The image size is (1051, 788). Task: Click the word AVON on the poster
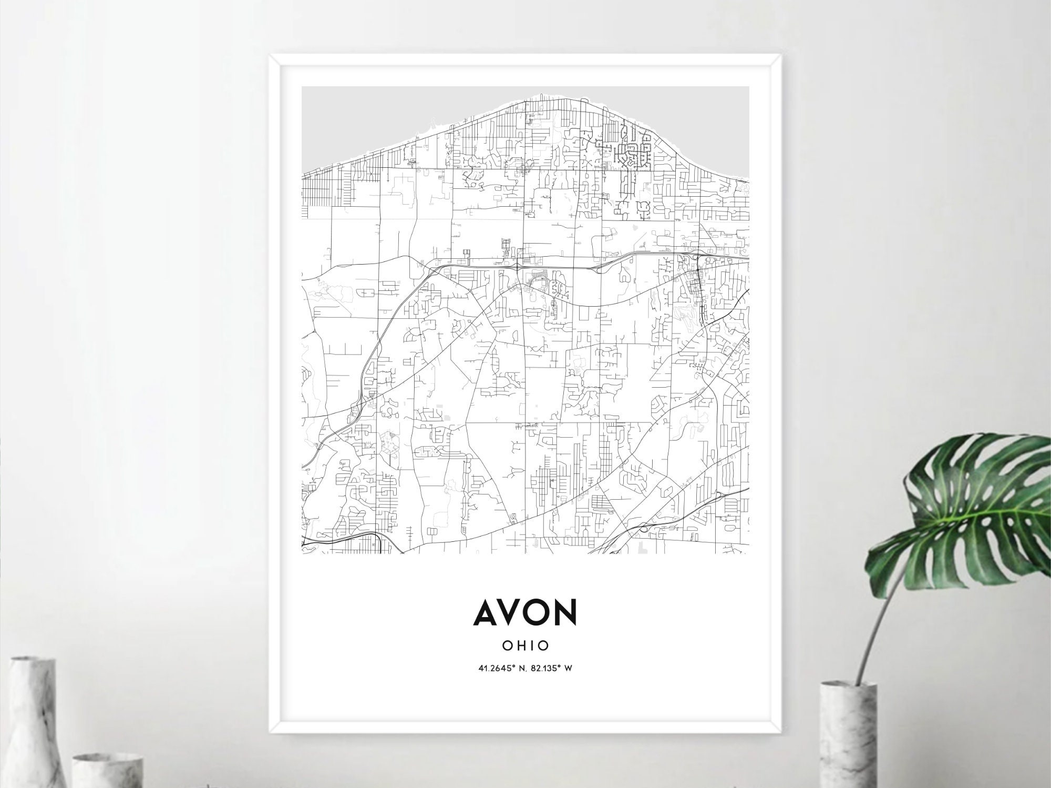(x=525, y=612)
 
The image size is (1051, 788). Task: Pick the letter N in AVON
(x=565, y=612)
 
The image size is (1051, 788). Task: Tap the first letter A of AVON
(x=486, y=612)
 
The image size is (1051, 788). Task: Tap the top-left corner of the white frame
(x=271, y=56)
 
